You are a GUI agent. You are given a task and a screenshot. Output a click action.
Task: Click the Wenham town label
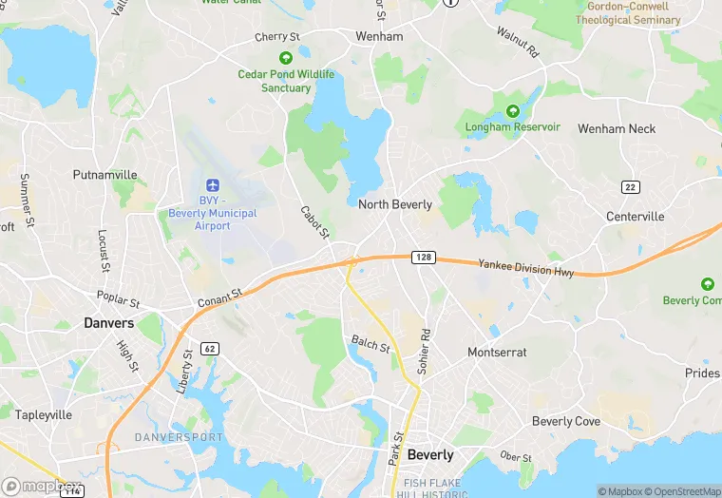pos(379,36)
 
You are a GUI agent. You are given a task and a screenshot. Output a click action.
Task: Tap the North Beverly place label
pos(395,204)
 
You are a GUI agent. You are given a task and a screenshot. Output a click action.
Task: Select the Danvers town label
pos(108,323)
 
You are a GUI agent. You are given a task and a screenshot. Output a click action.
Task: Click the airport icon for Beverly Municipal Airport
pos(211,183)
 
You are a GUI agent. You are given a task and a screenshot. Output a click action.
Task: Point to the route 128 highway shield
pos(423,258)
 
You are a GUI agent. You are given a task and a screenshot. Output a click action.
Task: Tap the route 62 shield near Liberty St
pos(210,349)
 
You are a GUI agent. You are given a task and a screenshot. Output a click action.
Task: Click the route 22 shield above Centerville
pos(630,186)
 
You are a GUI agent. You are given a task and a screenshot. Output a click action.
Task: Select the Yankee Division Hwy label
pos(525,269)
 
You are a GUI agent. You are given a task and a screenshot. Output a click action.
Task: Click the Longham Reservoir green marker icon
pos(513,111)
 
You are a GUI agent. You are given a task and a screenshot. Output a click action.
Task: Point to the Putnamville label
pos(105,175)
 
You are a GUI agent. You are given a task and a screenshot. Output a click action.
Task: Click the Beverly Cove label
pos(565,421)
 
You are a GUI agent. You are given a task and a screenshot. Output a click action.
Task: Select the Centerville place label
pos(636,217)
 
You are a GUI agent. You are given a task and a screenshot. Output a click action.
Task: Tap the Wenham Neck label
pos(617,129)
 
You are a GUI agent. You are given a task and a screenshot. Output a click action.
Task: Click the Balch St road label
pos(370,343)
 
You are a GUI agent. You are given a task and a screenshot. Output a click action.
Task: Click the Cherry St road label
pos(277,38)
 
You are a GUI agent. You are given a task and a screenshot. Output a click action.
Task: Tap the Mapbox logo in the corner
pos(43,487)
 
